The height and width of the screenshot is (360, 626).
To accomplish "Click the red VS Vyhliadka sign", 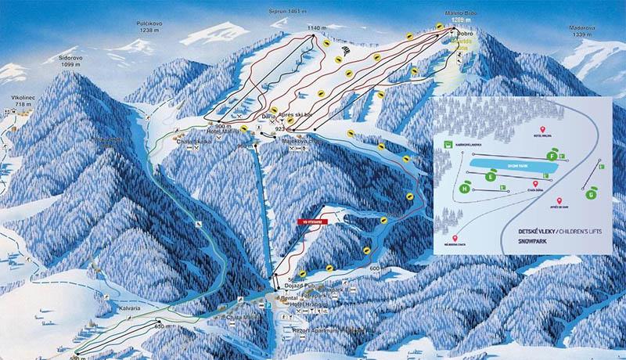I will coord(311,222).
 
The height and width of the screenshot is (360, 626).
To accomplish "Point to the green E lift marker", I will coord(491,177).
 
